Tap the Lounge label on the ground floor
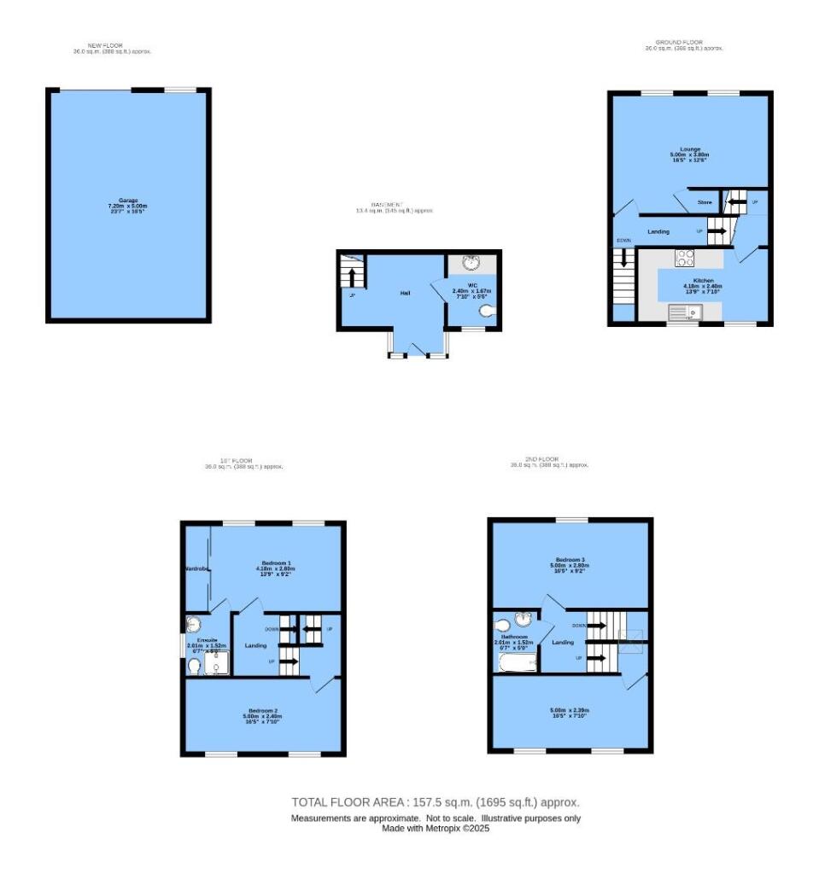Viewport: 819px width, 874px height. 689,149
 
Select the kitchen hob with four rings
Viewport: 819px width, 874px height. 686,258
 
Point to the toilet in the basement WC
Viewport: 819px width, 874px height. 488,312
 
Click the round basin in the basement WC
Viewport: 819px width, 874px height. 471,263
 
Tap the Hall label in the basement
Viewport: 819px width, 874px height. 406,293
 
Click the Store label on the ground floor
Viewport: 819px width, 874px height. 705,203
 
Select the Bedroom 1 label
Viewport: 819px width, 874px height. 275,564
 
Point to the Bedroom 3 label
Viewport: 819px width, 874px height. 570,560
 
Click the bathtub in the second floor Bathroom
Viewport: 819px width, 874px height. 517,662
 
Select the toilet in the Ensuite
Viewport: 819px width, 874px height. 195,665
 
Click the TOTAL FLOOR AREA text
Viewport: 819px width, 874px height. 436,802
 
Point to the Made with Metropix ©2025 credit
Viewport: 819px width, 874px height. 436,828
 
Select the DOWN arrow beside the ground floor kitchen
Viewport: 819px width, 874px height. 626,256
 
